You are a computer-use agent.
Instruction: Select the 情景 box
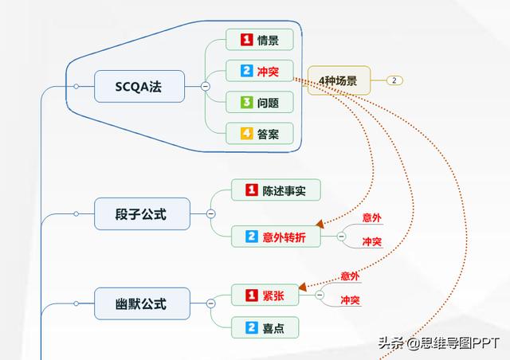(x=259, y=39)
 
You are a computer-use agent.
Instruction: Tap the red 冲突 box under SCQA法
(x=259, y=70)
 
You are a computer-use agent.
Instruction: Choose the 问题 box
(x=259, y=103)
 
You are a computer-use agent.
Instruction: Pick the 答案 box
(x=259, y=134)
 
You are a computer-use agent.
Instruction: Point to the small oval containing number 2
(x=396, y=80)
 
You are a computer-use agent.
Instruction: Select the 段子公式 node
(x=141, y=213)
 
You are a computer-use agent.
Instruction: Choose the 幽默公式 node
(x=141, y=303)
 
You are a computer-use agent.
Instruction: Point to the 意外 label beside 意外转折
(x=371, y=217)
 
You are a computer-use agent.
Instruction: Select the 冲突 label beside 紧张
(x=350, y=300)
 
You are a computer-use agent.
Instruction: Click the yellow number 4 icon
(x=246, y=134)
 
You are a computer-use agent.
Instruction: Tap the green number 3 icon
(x=246, y=103)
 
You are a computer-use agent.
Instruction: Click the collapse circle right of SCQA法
(x=205, y=86)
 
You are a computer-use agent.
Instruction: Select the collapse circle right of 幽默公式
(x=210, y=303)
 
